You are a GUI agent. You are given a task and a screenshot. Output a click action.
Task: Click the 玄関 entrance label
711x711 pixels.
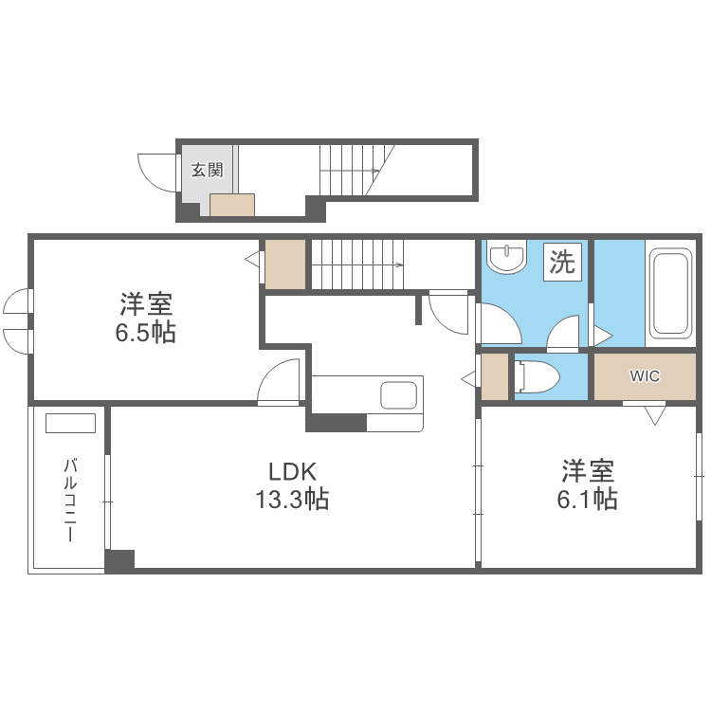coord(207,171)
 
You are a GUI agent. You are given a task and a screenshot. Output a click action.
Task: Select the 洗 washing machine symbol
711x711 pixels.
coord(563,262)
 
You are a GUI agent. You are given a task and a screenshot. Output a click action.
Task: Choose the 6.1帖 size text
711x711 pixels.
coord(587,499)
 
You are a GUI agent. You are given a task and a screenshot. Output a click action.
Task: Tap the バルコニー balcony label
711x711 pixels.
coord(70,500)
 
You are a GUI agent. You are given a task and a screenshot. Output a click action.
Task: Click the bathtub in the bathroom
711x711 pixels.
coord(670,293)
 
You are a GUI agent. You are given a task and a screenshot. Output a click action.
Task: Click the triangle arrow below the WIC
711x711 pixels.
coord(655,414)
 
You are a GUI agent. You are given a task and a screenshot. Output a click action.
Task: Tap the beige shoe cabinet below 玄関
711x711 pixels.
coord(232,206)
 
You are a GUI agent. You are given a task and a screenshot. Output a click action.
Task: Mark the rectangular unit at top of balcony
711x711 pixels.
coord(70,423)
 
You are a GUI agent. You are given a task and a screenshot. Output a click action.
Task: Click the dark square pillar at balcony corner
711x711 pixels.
coord(119,560)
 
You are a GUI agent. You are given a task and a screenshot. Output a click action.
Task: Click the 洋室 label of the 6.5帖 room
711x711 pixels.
coord(145,305)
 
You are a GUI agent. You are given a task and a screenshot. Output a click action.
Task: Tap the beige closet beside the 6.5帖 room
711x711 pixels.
coord(284,264)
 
